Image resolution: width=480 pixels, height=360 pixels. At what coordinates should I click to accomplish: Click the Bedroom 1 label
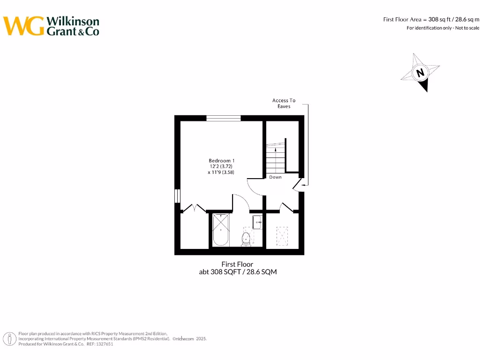pos(222,161)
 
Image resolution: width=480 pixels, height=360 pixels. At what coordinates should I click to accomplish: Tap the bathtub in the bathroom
pos(220,230)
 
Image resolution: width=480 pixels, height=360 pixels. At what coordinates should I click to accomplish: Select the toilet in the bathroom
pos(246,238)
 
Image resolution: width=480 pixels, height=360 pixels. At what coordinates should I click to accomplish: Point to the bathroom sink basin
pos(257,222)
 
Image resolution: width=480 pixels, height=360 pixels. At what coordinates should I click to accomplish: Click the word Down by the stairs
pos(275,177)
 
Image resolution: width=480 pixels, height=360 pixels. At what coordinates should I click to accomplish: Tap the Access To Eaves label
pos(284,103)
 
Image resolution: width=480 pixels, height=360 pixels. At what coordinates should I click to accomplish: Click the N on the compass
pos(420,73)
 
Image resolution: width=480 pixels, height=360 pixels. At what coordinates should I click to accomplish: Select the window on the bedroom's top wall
pos(224,118)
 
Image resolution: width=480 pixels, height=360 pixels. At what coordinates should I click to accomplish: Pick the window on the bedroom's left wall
pos(177,195)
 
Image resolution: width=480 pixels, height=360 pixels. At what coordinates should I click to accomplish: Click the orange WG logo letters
pos(23,26)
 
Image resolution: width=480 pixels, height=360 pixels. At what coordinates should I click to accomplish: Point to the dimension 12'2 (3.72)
pos(221,166)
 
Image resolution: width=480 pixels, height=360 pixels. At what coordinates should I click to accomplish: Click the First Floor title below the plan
pos(237,264)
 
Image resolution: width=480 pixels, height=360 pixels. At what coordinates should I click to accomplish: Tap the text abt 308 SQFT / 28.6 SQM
pos(238,272)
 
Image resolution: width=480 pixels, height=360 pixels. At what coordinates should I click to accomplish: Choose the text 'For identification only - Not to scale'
pos(442,28)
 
